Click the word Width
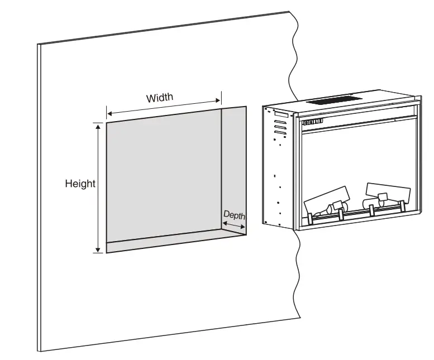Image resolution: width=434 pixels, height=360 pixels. (160, 98)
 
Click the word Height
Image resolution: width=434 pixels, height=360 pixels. (80, 183)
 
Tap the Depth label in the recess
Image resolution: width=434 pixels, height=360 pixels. (234, 214)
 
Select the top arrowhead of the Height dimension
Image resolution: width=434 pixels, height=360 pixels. (98, 127)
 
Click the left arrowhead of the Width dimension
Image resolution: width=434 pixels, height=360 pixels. (109, 111)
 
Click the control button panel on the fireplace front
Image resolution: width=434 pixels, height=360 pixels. (313, 122)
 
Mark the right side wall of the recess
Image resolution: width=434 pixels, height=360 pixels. (233, 167)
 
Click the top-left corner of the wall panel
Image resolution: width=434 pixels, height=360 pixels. (39, 45)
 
